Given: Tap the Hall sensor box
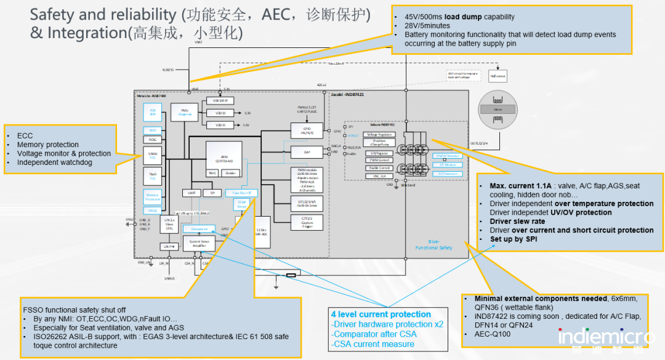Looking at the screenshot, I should click(x=497, y=77).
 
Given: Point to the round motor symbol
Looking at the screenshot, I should click(x=498, y=109).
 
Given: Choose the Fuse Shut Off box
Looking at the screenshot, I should click(x=245, y=193).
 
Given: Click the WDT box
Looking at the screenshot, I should click(x=152, y=130).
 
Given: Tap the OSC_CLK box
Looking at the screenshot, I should click(x=380, y=175).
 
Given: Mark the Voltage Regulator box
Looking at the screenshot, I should click(x=379, y=134).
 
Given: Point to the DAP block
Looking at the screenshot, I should click(x=306, y=152).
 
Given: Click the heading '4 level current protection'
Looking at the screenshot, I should click(x=381, y=314).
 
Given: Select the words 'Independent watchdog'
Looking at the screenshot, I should click(x=55, y=162).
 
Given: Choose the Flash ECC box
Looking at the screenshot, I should click(x=152, y=177).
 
